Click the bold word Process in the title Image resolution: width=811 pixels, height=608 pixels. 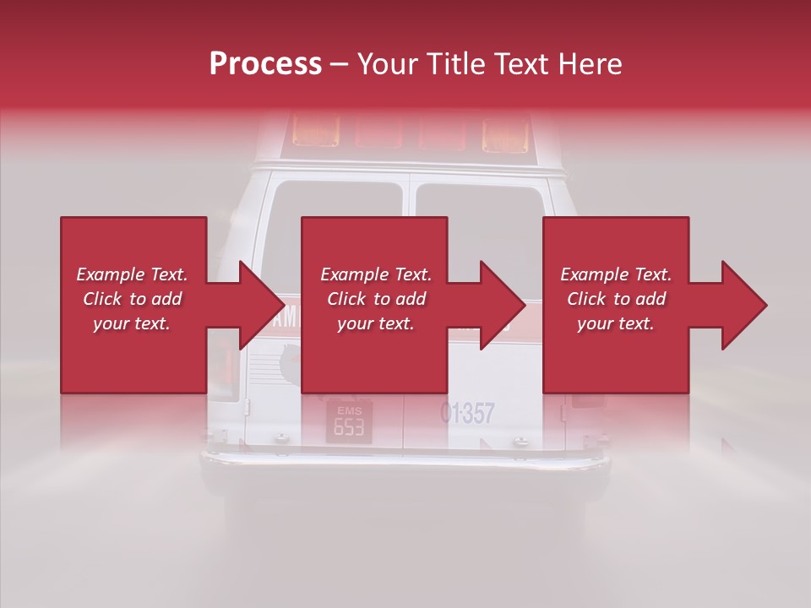(x=265, y=64)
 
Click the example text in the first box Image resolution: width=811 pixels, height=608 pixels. (x=132, y=299)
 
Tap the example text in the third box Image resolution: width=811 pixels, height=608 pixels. (x=616, y=299)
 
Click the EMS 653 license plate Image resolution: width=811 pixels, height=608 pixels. (x=349, y=422)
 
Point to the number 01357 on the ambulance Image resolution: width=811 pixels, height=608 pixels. (x=467, y=413)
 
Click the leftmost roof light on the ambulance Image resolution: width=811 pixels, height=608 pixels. (x=315, y=131)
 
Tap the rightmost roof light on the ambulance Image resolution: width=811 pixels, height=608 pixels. (x=504, y=133)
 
